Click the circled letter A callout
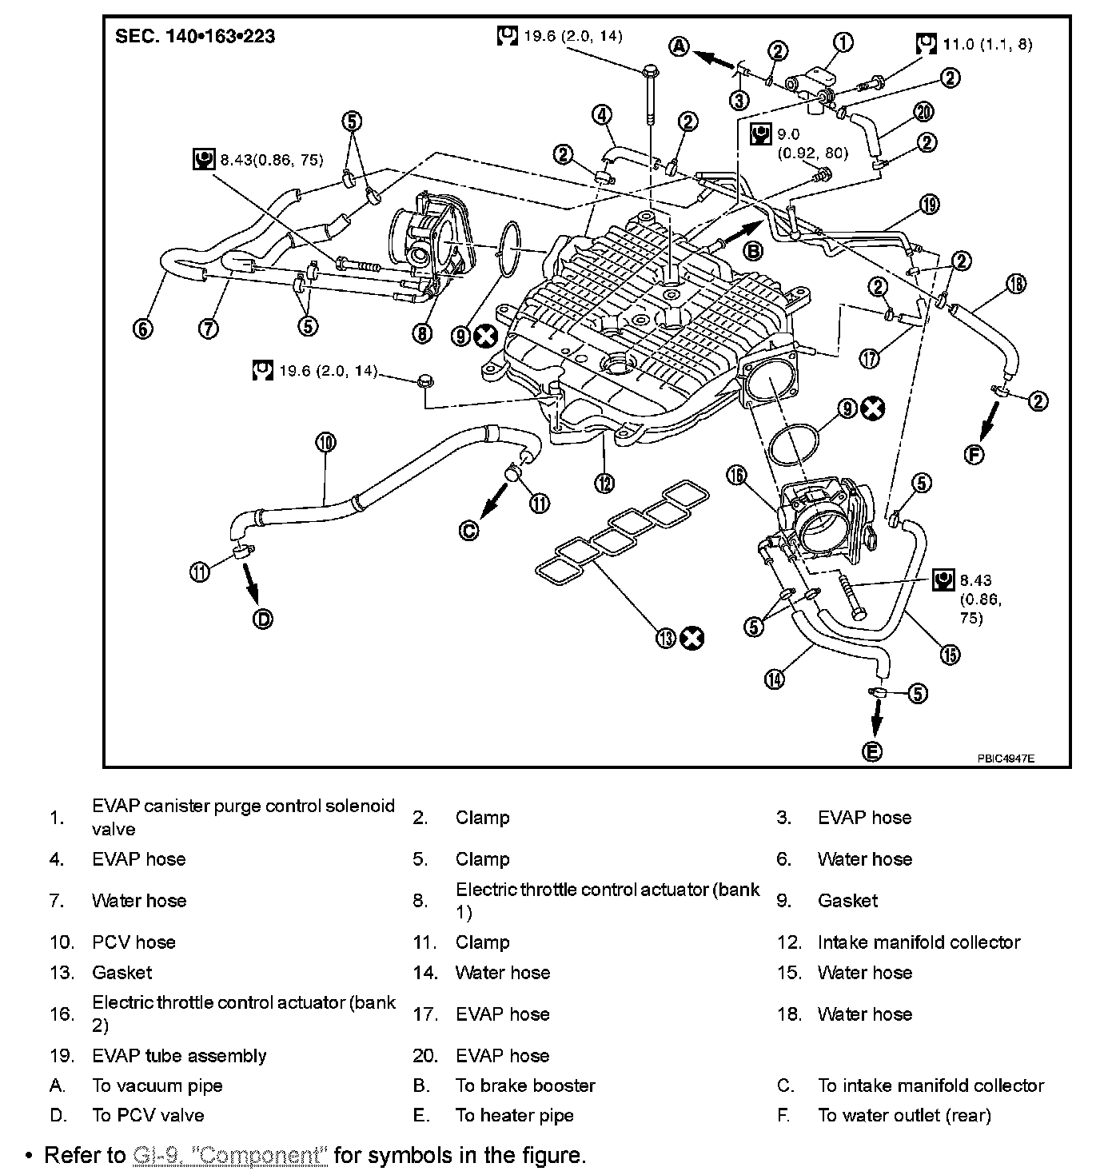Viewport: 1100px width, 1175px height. pyautogui.click(x=679, y=46)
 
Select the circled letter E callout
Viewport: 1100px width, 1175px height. pyautogui.click(x=873, y=751)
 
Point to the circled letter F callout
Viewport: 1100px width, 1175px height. pyautogui.click(x=974, y=455)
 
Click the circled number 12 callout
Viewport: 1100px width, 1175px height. pyautogui.click(x=604, y=482)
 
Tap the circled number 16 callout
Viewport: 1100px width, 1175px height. pyautogui.click(x=736, y=476)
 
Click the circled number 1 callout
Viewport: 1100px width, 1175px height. pyautogui.click(x=843, y=42)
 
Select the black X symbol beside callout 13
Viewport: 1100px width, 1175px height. pyautogui.click(x=692, y=638)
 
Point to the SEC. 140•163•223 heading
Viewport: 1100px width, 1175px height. pyautogui.click(x=195, y=37)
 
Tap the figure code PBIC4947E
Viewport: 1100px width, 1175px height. pyautogui.click(x=1005, y=759)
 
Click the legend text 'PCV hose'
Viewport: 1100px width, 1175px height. pyautogui.click(x=134, y=942)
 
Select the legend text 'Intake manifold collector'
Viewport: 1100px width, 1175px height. pyautogui.click(x=919, y=942)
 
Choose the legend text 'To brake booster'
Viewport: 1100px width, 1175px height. pyautogui.click(x=525, y=1085)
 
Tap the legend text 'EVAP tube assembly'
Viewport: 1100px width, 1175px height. pyautogui.click(x=179, y=1056)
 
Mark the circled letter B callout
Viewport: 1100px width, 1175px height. pyautogui.click(x=753, y=251)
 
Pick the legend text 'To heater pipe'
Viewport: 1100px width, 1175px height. pyautogui.click(x=514, y=1115)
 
